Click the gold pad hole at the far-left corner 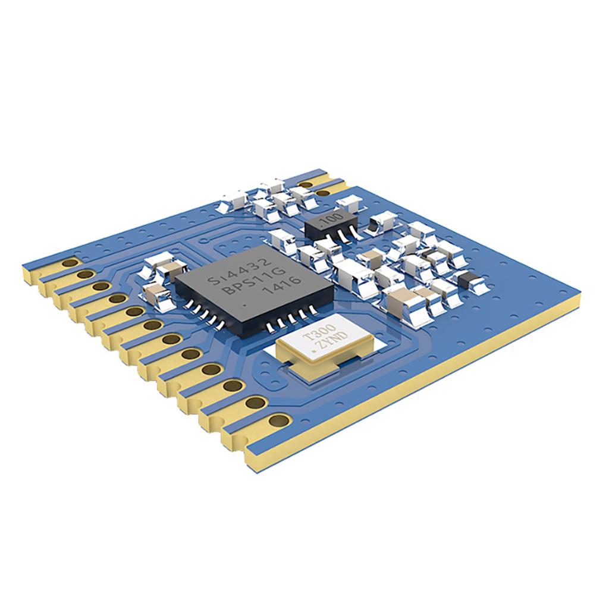point(70,262)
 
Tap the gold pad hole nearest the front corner point(276,421)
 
